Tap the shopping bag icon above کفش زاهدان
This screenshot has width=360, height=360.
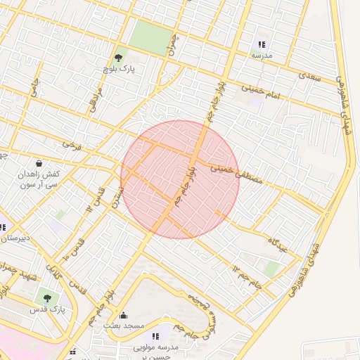pos(38,163)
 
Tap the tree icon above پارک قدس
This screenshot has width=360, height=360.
pos(48,298)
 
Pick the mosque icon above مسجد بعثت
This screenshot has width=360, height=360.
pos(124,315)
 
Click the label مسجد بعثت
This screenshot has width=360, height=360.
pos(124,326)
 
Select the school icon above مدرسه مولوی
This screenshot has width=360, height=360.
pos(155,336)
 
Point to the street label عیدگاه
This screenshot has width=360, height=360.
pos(279,245)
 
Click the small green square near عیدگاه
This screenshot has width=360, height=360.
pos(271,269)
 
